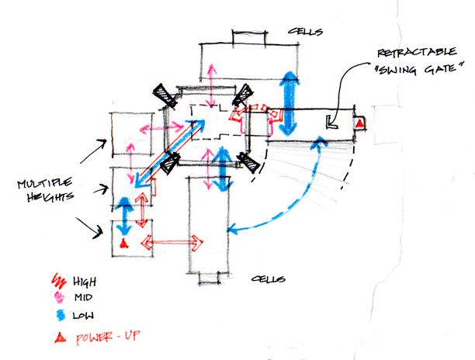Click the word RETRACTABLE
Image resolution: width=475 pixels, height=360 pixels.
pyautogui.click(x=417, y=52)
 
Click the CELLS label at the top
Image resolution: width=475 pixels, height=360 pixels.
pyautogui.click(x=305, y=31)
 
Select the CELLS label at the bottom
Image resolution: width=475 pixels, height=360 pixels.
pyautogui.click(x=269, y=279)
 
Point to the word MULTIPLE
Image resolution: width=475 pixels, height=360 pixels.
pyautogui.click(x=45, y=183)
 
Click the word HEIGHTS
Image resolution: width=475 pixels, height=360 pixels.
pyautogui.click(x=50, y=196)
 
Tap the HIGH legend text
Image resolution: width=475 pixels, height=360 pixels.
pyautogui.click(x=85, y=282)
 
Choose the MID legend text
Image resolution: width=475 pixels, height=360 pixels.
pyautogui.click(x=83, y=297)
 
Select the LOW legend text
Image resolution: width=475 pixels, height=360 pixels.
pyautogui.click(x=83, y=316)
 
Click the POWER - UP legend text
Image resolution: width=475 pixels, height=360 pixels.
pyautogui.click(x=108, y=337)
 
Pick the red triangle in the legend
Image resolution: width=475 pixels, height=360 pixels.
pyautogui.click(x=61, y=337)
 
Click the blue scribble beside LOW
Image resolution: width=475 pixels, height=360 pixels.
pyautogui.click(x=61, y=315)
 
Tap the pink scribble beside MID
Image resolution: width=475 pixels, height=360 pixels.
pyautogui.click(x=59, y=297)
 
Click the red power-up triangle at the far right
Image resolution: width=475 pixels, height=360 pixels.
pyautogui.click(x=359, y=123)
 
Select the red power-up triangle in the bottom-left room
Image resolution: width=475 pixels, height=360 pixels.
pyautogui.click(x=123, y=244)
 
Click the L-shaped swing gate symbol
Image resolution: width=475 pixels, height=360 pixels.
pyautogui.click(x=331, y=123)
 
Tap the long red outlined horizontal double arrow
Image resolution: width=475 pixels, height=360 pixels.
pyautogui.click(x=172, y=242)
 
